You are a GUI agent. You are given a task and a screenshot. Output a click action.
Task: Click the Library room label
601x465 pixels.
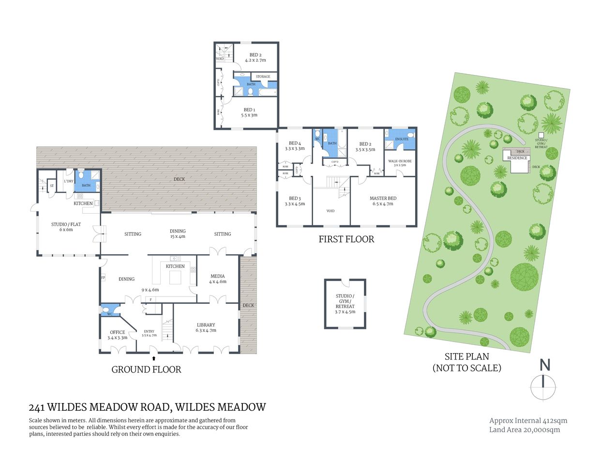pyautogui.click(x=206, y=325)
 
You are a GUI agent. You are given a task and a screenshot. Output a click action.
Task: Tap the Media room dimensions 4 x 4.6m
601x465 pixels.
pyautogui.click(x=218, y=281)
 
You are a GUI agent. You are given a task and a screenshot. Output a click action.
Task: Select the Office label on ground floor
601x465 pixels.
pyautogui.click(x=117, y=332)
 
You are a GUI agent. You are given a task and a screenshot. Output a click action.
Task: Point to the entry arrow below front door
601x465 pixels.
pyautogui.click(x=154, y=358)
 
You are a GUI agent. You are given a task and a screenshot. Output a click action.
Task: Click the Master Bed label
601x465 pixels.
pyautogui.click(x=383, y=198)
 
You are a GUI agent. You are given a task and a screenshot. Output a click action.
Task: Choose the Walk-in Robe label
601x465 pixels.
pyautogui.click(x=400, y=161)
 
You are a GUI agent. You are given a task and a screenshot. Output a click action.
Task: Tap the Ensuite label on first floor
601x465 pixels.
pyautogui.click(x=402, y=139)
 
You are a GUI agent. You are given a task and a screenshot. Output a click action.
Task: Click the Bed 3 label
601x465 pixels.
pyautogui.click(x=295, y=198)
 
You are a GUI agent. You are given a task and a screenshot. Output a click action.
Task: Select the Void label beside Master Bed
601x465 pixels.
pyautogui.click(x=331, y=211)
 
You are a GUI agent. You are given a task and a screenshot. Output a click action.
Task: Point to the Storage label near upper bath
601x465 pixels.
pyautogui.click(x=263, y=77)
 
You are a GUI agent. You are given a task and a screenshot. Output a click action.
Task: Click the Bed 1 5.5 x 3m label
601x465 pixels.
pyautogui.click(x=249, y=112)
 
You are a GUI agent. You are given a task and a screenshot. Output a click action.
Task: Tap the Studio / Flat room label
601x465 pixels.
pyautogui.click(x=66, y=224)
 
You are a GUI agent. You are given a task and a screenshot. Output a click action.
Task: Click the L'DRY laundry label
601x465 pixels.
pyautogui.click(x=69, y=181)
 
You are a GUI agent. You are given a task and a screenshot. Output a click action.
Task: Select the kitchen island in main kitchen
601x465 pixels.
pyautogui.click(x=175, y=278)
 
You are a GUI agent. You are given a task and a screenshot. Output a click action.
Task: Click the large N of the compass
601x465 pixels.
pyautogui.click(x=545, y=365)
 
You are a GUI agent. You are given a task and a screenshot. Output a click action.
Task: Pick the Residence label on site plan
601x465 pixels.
pyautogui.click(x=517, y=158)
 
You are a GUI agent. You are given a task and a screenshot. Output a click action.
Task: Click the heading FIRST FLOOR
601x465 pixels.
pyautogui.click(x=346, y=239)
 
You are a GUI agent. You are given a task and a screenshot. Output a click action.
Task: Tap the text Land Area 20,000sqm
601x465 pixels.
pyautogui.click(x=524, y=430)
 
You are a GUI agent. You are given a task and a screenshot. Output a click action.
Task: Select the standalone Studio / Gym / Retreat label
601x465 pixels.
pyautogui.click(x=345, y=304)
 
